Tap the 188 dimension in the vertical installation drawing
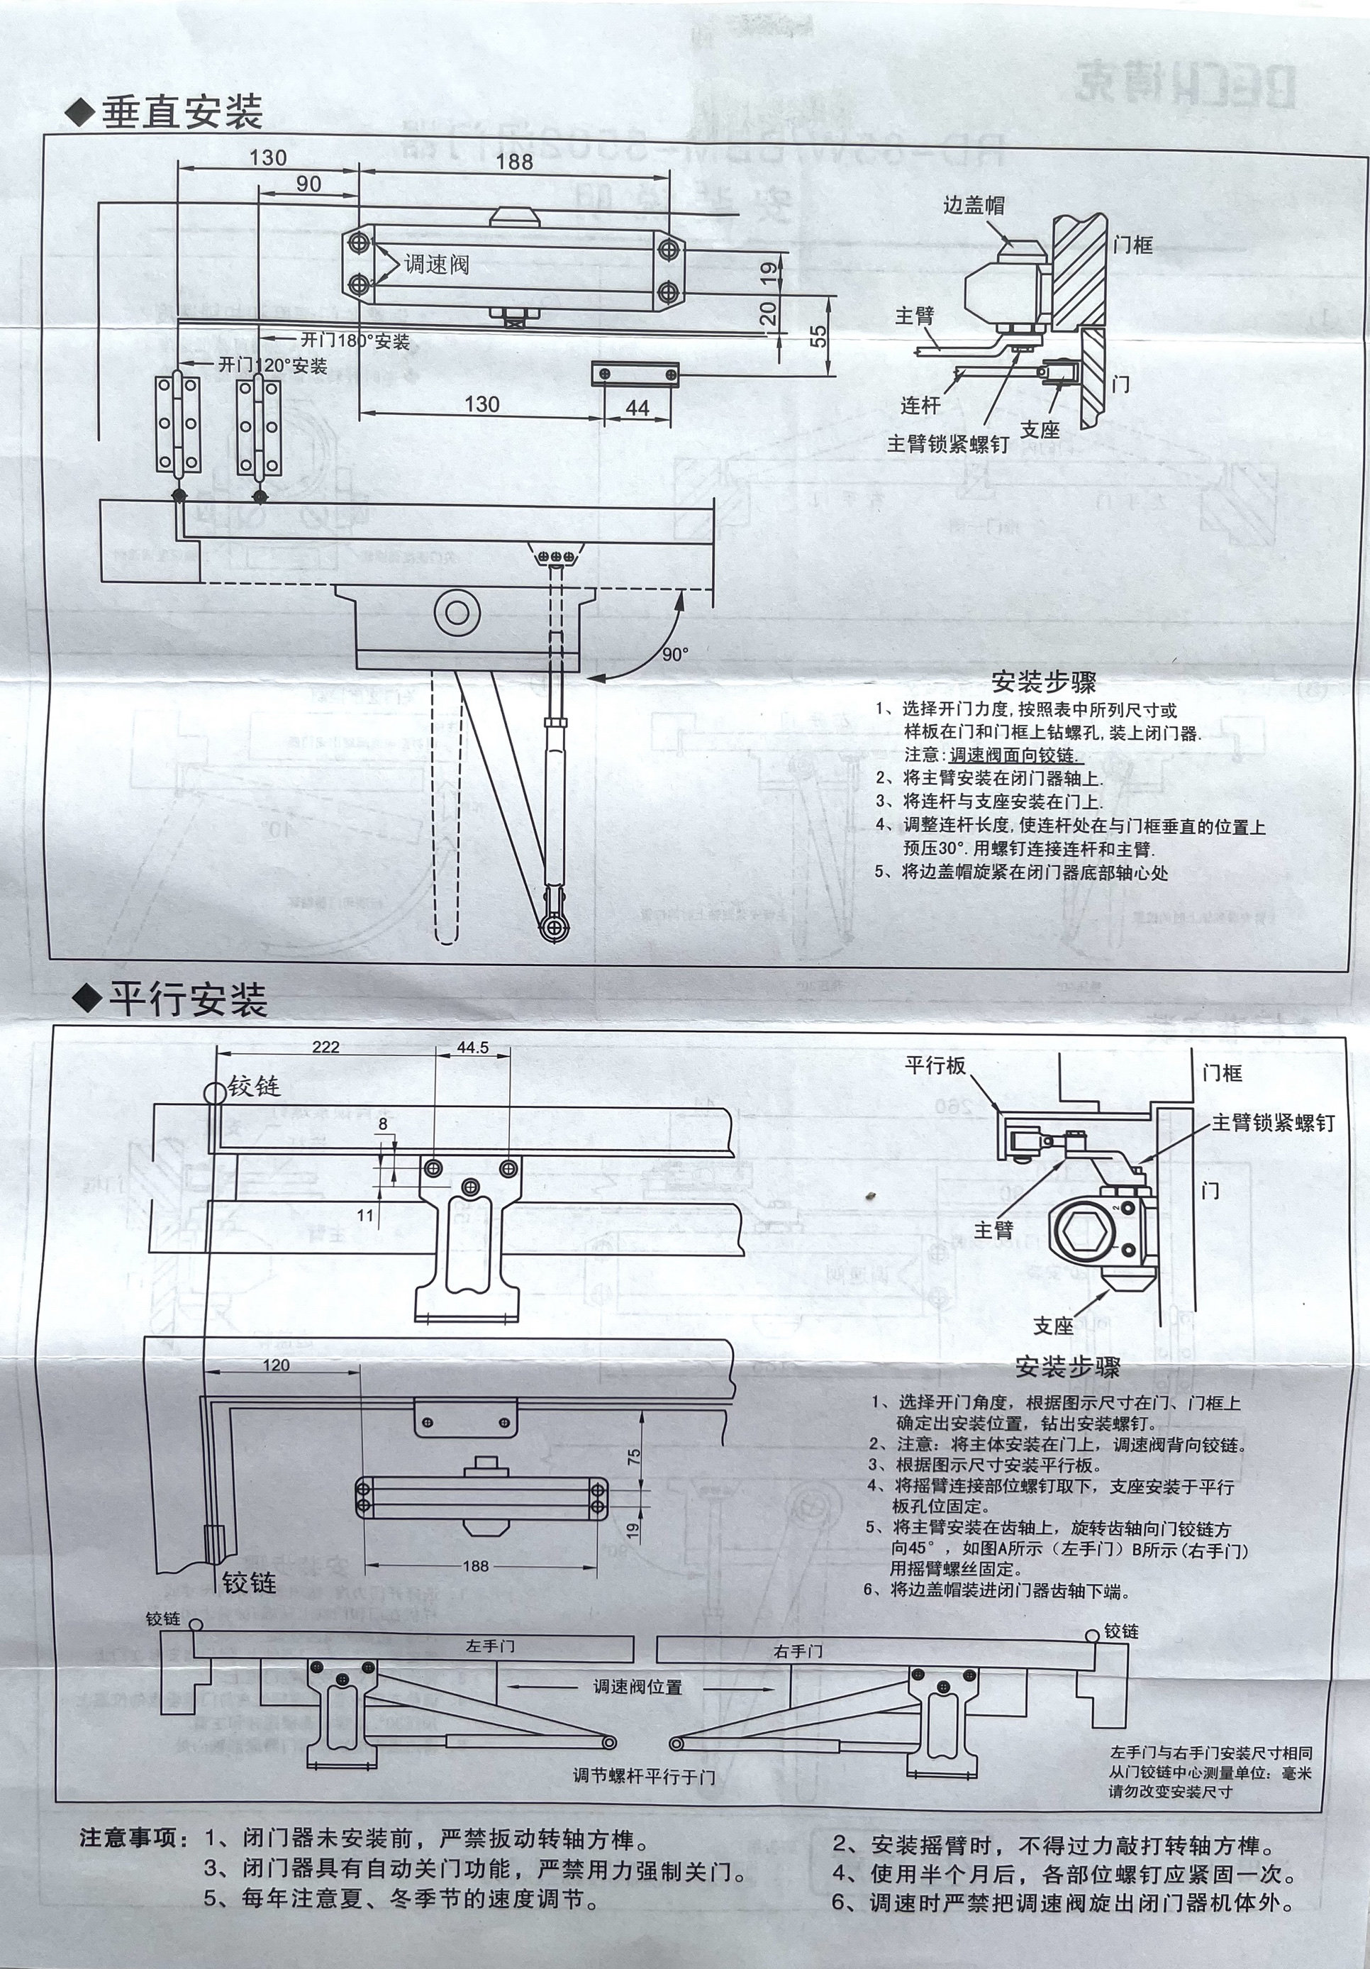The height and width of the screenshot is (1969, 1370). (514, 161)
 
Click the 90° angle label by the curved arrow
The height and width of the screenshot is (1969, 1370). (674, 655)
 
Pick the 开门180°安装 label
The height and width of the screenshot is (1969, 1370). (355, 341)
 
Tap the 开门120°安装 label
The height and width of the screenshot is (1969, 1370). (272, 366)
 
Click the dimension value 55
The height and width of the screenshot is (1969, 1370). (820, 335)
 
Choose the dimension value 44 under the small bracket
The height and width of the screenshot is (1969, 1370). (637, 409)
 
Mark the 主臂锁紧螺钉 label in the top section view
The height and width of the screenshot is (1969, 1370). (947, 443)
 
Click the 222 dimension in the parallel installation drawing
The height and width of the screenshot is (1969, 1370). (325, 1047)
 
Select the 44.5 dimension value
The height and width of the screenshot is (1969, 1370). (472, 1047)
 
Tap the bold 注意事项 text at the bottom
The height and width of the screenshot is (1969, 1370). (128, 1838)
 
